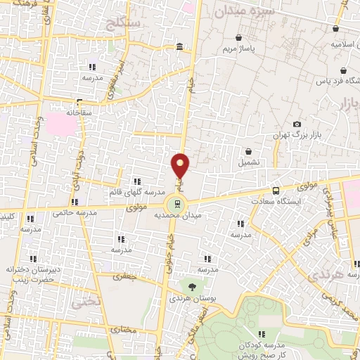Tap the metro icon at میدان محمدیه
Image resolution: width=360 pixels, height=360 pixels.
(x=176, y=205)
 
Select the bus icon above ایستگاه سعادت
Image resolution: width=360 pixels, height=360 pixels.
(x=275, y=190)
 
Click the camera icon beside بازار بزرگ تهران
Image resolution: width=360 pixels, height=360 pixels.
(x=296, y=124)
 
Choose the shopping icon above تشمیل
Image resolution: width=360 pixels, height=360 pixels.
(x=249, y=151)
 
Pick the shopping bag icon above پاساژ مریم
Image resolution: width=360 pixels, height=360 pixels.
(x=238, y=37)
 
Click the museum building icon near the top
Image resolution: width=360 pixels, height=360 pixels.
(x=181, y=47)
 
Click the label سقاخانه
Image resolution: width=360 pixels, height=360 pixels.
(x=80, y=112)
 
